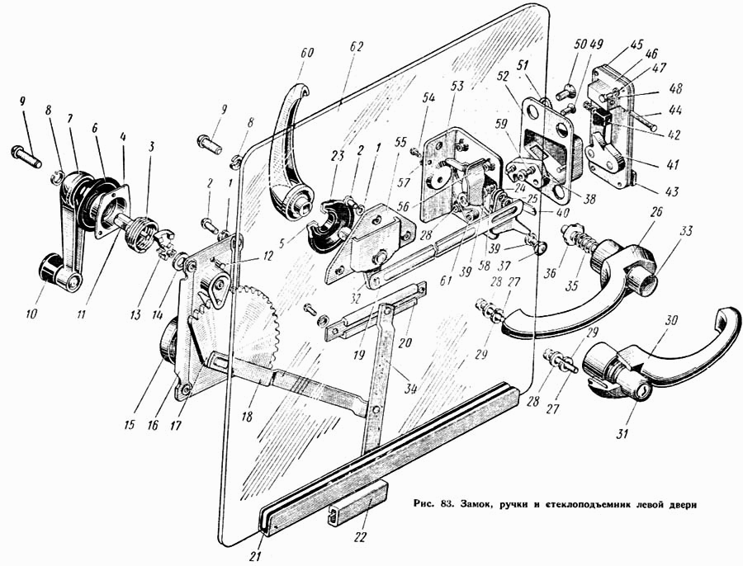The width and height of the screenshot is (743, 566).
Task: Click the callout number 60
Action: pyautogui.click(x=306, y=52)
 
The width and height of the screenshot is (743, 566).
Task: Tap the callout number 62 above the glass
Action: pyautogui.click(x=357, y=46)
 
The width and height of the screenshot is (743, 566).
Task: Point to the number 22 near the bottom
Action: pyautogui.click(x=360, y=538)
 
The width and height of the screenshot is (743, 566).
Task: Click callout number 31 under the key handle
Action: pyautogui.click(x=622, y=432)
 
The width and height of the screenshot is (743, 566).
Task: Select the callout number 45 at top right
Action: pyautogui.click(x=637, y=45)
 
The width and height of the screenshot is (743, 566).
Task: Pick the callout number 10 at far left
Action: pyautogui.click(x=31, y=314)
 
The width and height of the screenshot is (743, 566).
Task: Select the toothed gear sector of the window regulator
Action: pyautogui.click(x=258, y=327)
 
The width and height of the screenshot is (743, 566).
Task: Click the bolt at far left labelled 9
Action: pyautogui.click(x=26, y=158)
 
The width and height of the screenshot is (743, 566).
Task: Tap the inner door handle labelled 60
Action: pyautogui.click(x=291, y=152)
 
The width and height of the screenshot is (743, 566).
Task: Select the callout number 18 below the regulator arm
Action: pyautogui.click(x=246, y=416)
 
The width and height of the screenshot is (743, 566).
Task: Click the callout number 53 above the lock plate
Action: pyautogui.click(x=457, y=86)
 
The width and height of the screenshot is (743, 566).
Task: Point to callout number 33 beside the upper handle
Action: pyautogui.click(x=686, y=231)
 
